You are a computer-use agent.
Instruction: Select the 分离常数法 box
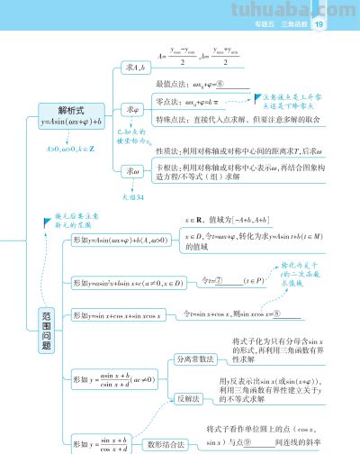[x=195, y=358]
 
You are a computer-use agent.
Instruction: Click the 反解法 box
[x=188, y=396]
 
